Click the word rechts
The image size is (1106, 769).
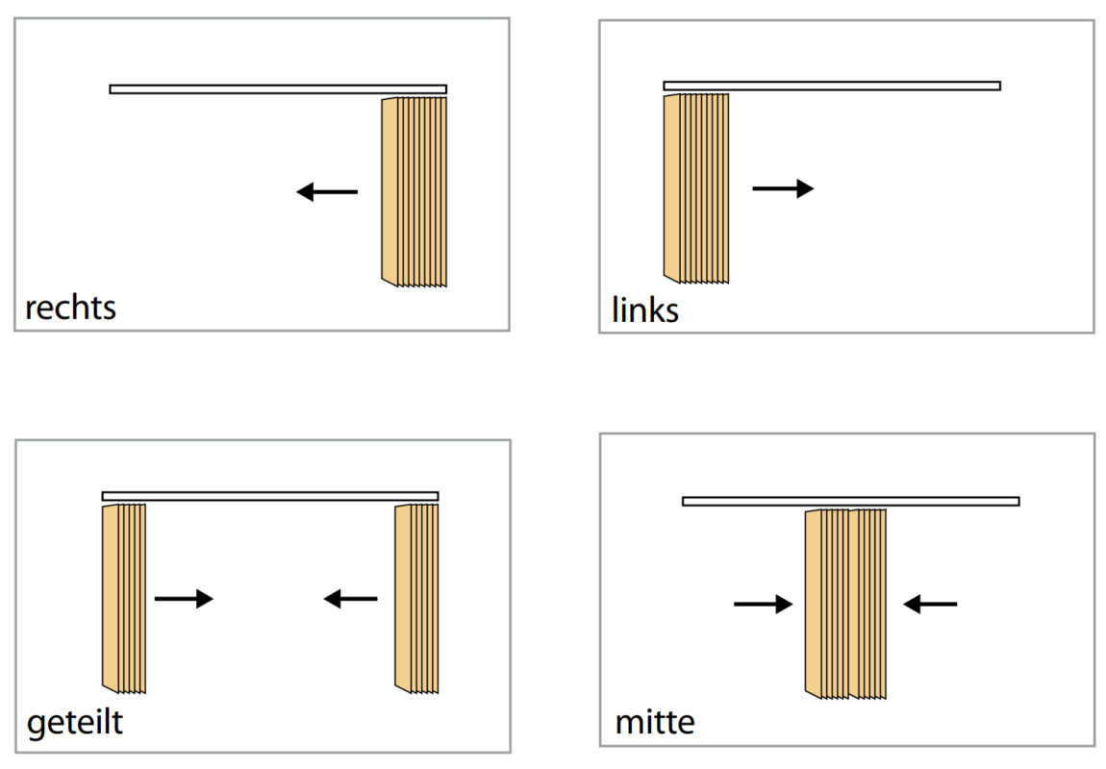[70, 308]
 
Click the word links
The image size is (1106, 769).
[645, 310]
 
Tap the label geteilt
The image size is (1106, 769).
[75, 722]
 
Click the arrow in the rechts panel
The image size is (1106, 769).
[327, 192]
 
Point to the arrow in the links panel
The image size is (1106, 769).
[783, 188]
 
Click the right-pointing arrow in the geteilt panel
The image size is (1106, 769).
[184, 599]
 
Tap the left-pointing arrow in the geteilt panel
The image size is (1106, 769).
[351, 599]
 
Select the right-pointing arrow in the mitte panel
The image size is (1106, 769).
[763, 604]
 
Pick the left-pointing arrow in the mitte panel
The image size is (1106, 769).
[931, 604]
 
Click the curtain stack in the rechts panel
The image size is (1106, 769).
[415, 191]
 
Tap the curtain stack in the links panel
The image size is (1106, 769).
[695, 188]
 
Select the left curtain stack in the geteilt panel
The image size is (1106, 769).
[123, 598]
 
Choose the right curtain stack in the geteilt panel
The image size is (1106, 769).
[416, 598]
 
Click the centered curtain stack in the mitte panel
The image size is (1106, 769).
[845, 603]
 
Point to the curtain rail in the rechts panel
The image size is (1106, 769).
[278, 89]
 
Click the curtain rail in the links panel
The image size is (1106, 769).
[832, 86]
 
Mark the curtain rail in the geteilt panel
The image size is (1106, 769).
[270, 497]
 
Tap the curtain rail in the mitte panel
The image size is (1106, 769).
[851, 501]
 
